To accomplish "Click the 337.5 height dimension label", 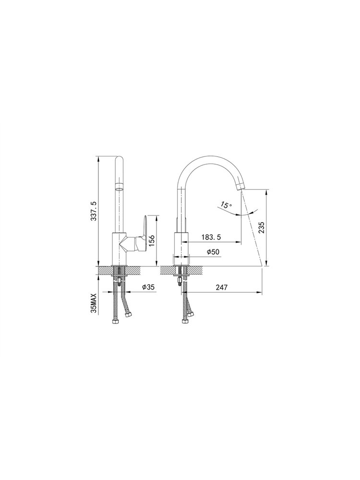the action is (x=94, y=211).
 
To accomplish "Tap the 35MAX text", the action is (x=94, y=303).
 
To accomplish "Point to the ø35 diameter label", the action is (x=148, y=287).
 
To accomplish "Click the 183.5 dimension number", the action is (x=211, y=237).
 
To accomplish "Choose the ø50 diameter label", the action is (x=213, y=252).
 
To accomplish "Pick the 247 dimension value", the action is (x=221, y=288).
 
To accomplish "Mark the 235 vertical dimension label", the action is (x=262, y=228).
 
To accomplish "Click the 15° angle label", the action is (x=226, y=205).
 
